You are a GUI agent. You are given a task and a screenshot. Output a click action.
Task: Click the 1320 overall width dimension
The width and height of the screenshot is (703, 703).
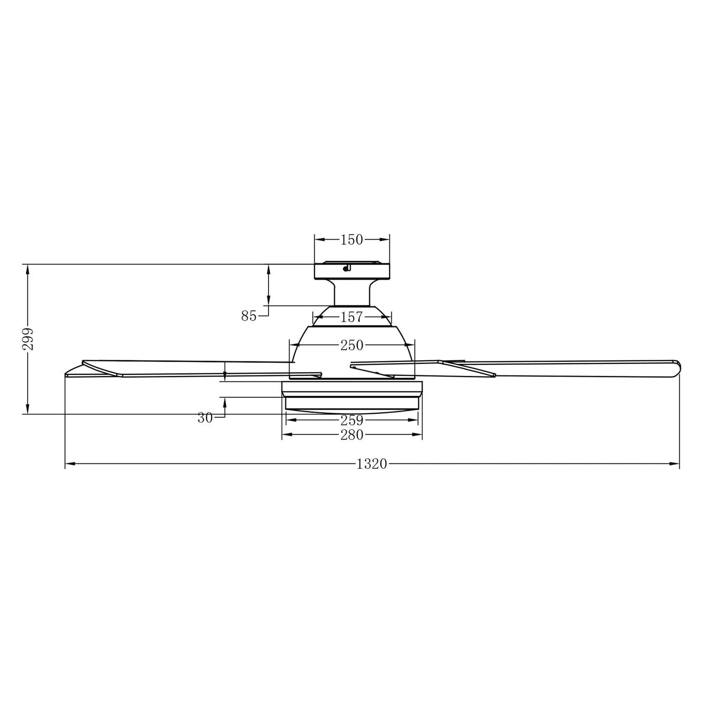(372, 464)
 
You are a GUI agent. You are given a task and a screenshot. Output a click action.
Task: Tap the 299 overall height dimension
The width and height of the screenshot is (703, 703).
(29, 339)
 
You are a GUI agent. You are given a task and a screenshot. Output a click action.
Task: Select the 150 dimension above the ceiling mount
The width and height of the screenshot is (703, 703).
(352, 239)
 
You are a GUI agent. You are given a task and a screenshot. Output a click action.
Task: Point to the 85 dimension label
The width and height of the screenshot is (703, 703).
(249, 315)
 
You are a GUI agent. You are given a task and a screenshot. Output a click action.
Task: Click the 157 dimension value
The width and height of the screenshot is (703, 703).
(352, 317)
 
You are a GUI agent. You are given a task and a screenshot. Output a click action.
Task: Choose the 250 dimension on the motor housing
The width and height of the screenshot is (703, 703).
(352, 345)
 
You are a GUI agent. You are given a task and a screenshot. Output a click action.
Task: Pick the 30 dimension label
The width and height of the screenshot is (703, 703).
(205, 418)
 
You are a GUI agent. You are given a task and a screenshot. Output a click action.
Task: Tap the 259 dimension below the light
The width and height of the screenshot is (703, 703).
(352, 420)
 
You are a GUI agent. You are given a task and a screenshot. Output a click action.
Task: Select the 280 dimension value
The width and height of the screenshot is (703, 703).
(352, 435)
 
